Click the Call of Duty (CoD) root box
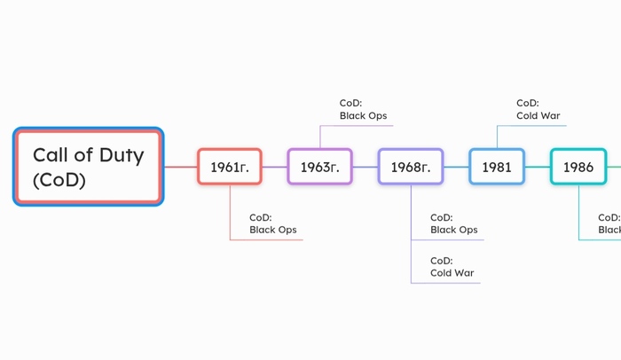(x=89, y=167)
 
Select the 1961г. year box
(x=230, y=167)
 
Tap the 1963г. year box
(x=320, y=167)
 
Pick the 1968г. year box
(x=411, y=167)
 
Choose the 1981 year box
(x=497, y=167)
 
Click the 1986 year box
(x=578, y=167)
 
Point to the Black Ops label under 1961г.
(x=273, y=223)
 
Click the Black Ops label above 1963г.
(x=363, y=109)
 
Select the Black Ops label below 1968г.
(x=454, y=223)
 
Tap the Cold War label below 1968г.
(x=452, y=267)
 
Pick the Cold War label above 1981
(x=538, y=109)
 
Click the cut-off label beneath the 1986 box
(x=609, y=223)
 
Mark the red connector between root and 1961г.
(x=181, y=167)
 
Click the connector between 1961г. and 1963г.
(x=275, y=167)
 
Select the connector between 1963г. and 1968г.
(x=366, y=167)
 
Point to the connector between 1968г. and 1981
(x=456, y=167)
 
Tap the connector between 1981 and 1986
(x=538, y=167)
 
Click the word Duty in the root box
(x=122, y=155)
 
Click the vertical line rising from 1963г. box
(x=320, y=137)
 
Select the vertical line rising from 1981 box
(x=497, y=137)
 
